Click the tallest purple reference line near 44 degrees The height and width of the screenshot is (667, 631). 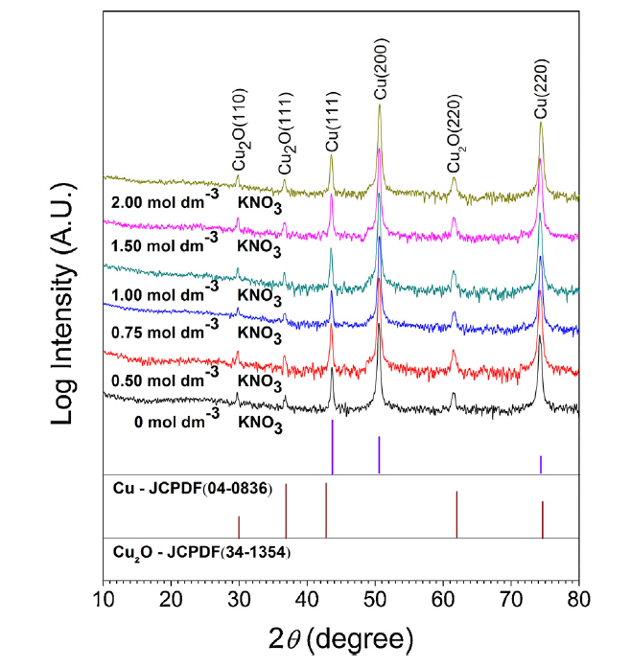click(x=332, y=447)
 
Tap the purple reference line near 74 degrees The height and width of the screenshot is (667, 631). click(x=541, y=465)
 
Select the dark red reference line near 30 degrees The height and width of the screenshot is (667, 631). click(x=239, y=526)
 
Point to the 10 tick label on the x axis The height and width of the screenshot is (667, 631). click(x=104, y=601)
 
